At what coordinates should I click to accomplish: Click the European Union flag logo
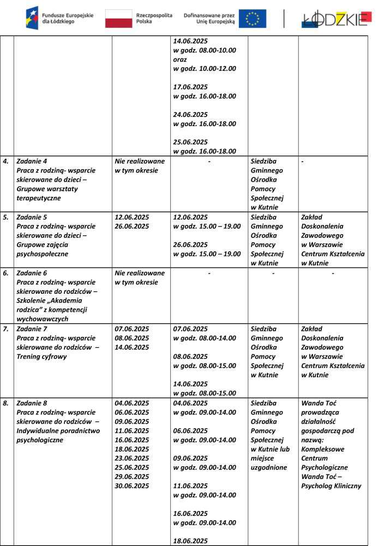[x=253, y=19]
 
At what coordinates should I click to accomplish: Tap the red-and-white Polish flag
[x=118, y=19]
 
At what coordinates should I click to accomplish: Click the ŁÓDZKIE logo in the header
[x=337, y=19]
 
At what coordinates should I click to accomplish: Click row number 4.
[x=6, y=161]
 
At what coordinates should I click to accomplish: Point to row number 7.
[x=6, y=329]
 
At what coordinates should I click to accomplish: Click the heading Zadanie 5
[x=32, y=217]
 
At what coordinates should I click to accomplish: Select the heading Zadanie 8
[x=32, y=403]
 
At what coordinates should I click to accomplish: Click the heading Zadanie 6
[x=32, y=272]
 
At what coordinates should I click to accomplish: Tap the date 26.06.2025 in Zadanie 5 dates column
[x=131, y=226]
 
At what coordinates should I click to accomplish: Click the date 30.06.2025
[x=131, y=486]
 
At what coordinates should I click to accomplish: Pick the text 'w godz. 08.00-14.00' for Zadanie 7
[x=205, y=338]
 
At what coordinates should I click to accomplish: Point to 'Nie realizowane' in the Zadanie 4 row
[x=139, y=161]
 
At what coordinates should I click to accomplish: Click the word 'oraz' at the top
[x=180, y=59]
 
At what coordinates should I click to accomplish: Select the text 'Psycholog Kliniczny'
[x=331, y=486]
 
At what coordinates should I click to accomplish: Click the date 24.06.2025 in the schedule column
[x=190, y=115]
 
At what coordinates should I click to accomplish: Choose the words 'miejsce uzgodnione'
[x=268, y=463]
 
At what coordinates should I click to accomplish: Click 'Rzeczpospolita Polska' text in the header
[x=154, y=19]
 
